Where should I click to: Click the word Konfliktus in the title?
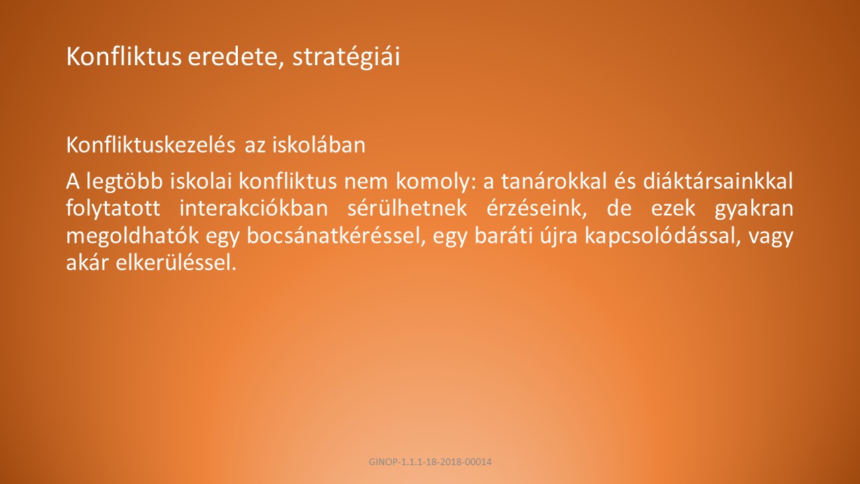pos(124,56)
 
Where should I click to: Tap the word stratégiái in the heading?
pos(346,58)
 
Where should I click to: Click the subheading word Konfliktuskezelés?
pos(150,145)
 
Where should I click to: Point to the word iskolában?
pos(318,145)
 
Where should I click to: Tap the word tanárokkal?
pos(554,181)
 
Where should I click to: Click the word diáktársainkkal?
pos(718,181)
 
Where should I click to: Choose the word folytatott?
pos(114,209)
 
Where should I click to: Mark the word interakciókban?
pos(254,208)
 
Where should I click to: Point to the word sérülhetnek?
pos(407,208)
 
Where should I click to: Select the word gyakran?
pos(754,209)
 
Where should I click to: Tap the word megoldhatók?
pos(132,236)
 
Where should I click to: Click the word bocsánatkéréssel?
pos(337,235)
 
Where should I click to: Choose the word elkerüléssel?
pos(176,262)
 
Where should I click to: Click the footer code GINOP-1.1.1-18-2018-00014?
pos(430,462)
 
